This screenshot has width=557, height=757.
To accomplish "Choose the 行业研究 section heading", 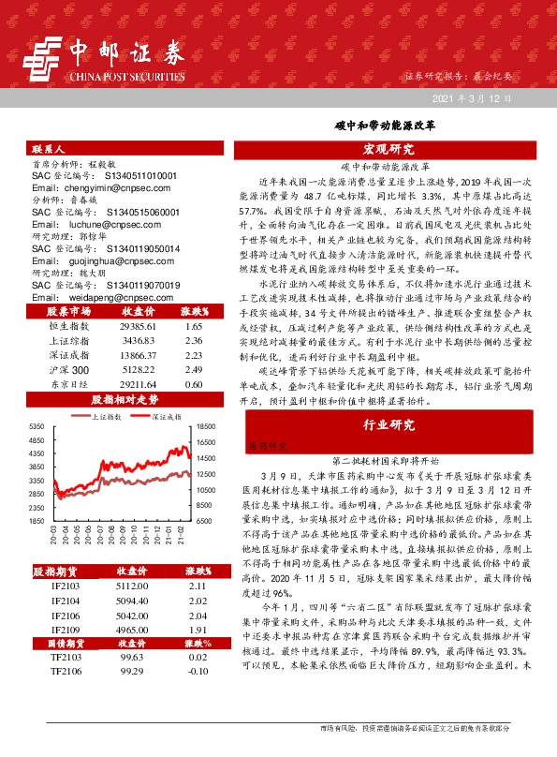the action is [x=388, y=425].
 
